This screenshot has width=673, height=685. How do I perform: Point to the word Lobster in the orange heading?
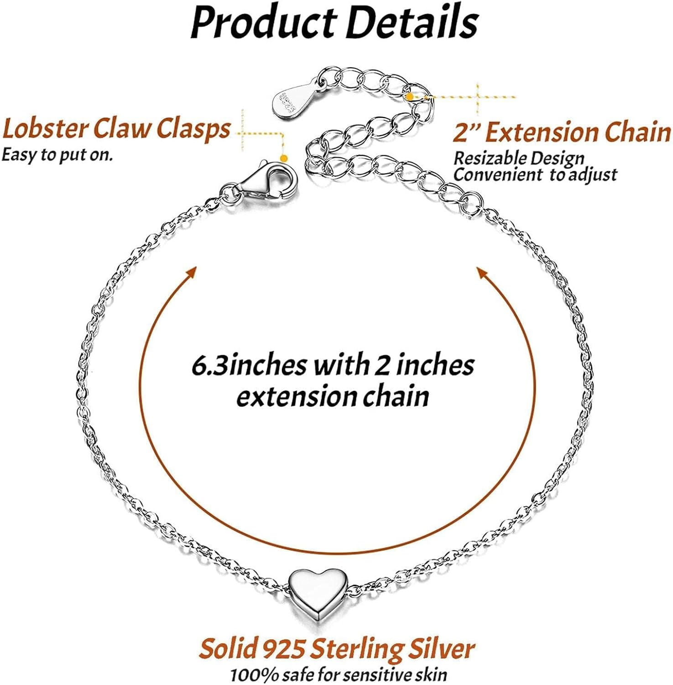point(45,129)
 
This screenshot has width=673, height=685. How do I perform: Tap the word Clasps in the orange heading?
point(193,129)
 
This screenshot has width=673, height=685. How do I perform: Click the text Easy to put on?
point(57,155)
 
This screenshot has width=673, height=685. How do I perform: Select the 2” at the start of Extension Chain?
point(466,132)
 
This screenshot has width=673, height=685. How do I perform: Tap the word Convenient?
point(496,175)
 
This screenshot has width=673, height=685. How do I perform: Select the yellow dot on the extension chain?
point(410,96)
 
